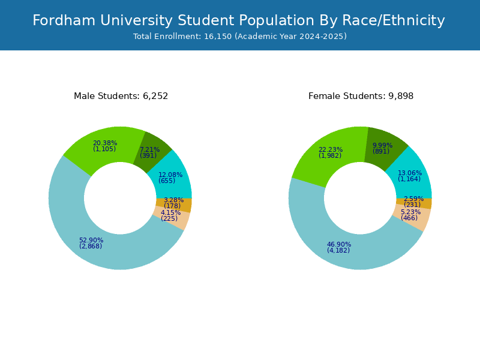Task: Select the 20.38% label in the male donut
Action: click(105, 143)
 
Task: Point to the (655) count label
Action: click(167, 181)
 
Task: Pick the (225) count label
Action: click(169, 218)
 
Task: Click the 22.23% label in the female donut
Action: click(331, 149)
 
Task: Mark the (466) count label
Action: click(409, 218)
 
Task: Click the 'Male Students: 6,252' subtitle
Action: click(121, 96)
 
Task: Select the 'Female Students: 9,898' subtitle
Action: click(361, 96)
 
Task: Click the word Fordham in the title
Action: click(64, 20)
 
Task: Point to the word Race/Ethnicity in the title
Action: click(394, 21)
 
